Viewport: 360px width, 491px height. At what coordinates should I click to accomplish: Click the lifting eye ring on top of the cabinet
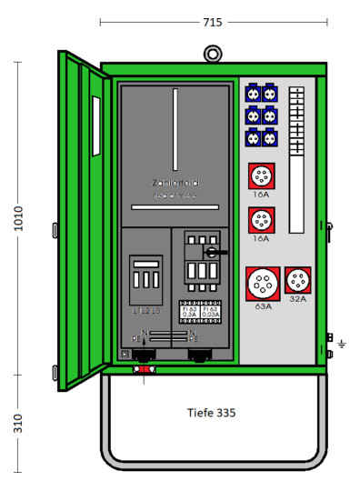(211, 52)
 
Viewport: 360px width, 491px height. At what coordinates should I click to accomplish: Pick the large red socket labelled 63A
(264, 285)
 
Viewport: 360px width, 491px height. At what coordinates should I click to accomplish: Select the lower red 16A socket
(261, 220)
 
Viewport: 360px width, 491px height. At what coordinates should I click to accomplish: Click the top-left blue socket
(252, 94)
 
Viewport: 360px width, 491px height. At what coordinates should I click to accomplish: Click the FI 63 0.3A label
(190, 311)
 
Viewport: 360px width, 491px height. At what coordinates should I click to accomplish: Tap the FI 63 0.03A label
(210, 311)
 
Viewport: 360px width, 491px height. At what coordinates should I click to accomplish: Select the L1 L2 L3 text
(145, 311)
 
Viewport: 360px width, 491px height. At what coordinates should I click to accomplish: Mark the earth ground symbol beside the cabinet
(342, 344)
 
